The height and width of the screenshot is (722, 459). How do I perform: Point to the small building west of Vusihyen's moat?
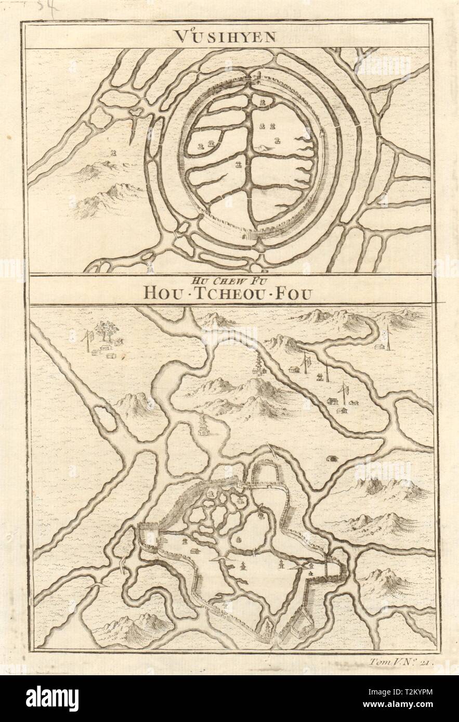point(114,152)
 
